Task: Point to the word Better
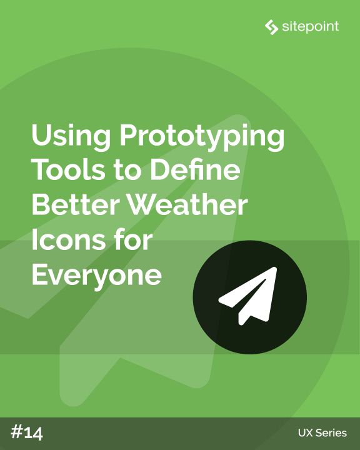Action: pos(72,204)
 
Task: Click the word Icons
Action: pos(65,239)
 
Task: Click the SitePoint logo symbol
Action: pos(271,27)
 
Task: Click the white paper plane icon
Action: pos(249,295)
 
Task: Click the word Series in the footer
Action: pos(332,433)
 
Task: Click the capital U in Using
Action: pos(41,136)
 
